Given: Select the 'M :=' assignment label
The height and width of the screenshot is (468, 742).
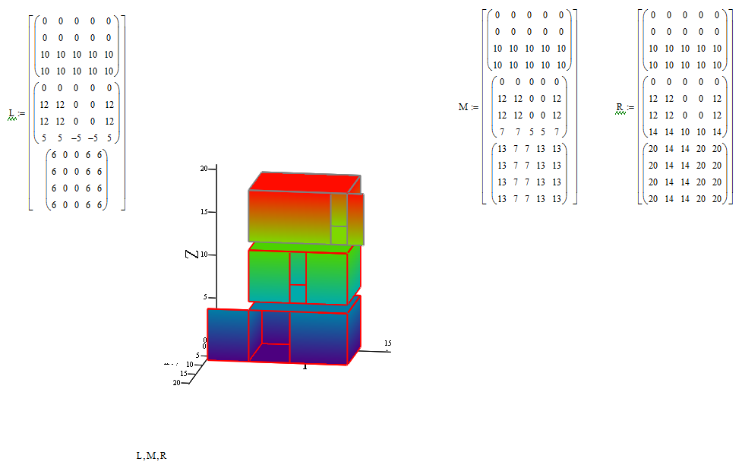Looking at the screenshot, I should [x=467, y=107].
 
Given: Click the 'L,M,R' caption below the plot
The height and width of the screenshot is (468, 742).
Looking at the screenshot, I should [x=151, y=456].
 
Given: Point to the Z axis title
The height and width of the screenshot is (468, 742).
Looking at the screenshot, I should [x=193, y=252].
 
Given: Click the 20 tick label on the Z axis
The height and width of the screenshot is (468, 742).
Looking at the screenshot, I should [x=204, y=169].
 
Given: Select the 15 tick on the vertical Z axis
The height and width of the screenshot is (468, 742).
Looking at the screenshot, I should [x=204, y=212].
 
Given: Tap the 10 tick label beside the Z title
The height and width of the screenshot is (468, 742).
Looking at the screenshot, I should [x=204, y=255].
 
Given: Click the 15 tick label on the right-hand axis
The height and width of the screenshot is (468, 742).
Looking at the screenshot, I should [x=388, y=344].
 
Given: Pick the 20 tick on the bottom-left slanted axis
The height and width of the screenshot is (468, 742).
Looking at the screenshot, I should [x=176, y=383].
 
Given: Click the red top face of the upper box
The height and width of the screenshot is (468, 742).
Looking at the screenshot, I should [x=304, y=182].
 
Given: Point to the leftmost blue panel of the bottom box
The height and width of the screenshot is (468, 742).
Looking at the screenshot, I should [x=227, y=334].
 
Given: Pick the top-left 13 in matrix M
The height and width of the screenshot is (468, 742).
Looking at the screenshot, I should [x=502, y=148].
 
